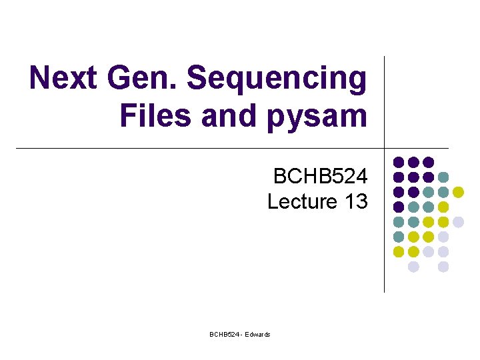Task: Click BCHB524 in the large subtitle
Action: [320, 177]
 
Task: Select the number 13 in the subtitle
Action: [354, 201]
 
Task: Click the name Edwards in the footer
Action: [258, 334]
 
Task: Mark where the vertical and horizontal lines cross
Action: [385, 148]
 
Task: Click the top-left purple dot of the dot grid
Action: [399, 162]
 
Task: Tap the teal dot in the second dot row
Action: [443, 177]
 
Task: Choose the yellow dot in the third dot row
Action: [458, 192]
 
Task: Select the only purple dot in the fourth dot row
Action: [399, 207]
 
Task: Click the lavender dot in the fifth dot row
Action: [458, 221]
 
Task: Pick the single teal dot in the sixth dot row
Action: [399, 237]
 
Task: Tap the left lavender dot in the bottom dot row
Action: [413, 267]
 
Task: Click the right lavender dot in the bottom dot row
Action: [443, 267]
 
